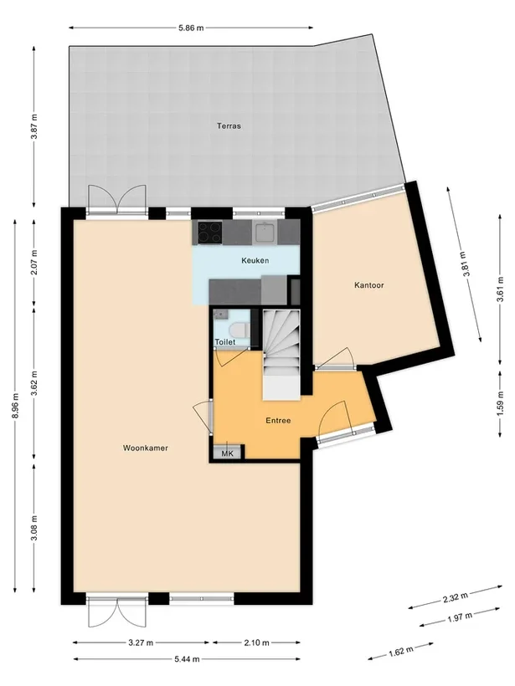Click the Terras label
[229, 126]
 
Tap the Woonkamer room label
[145, 448]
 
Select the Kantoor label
[368, 285]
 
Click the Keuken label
[255, 261]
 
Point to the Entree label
[277, 420]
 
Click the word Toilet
[224, 342]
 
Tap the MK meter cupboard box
[226, 453]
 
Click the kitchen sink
[265, 232]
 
